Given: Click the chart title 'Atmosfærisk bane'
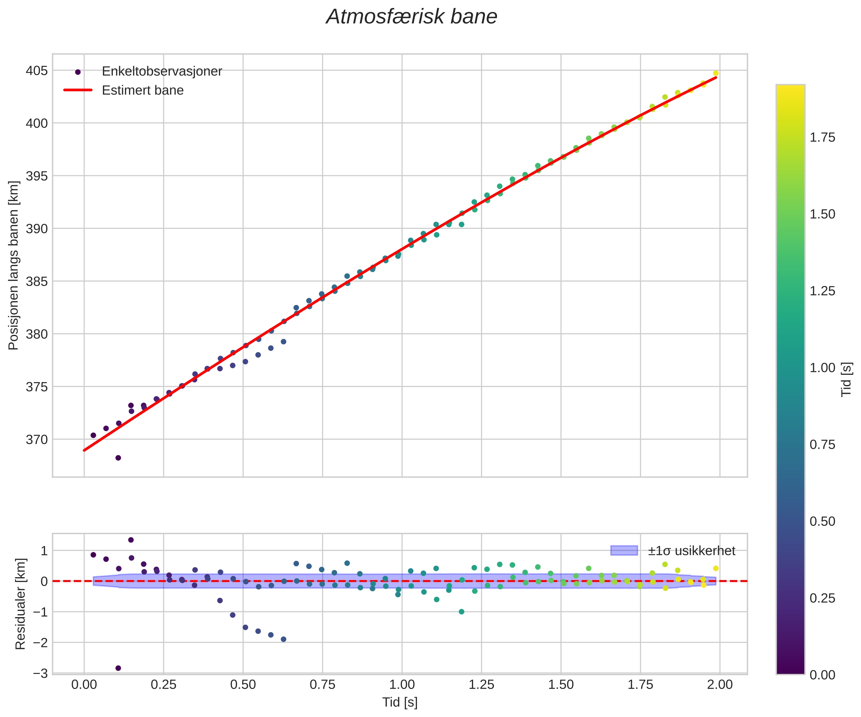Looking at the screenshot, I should (x=411, y=17).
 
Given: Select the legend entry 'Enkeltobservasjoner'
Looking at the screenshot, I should (x=162, y=71).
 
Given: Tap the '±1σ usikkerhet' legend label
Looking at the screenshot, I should (x=691, y=551).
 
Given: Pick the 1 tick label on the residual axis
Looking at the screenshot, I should (x=44, y=551).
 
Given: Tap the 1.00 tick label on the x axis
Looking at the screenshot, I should (x=402, y=685).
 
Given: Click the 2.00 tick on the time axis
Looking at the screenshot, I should (x=720, y=685).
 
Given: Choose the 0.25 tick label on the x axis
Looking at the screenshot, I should (x=163, y=685).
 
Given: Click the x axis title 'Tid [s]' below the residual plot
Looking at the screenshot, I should (x=400, y=702).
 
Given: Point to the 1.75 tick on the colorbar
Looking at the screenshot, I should (x=822, y=138).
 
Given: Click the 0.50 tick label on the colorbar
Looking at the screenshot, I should (x=822, y=522).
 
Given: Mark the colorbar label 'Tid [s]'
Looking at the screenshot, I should (x=846, y=379).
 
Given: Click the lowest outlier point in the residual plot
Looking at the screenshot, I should (x=118, y=668).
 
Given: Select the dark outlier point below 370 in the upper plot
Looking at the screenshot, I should (x=118, y=458).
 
